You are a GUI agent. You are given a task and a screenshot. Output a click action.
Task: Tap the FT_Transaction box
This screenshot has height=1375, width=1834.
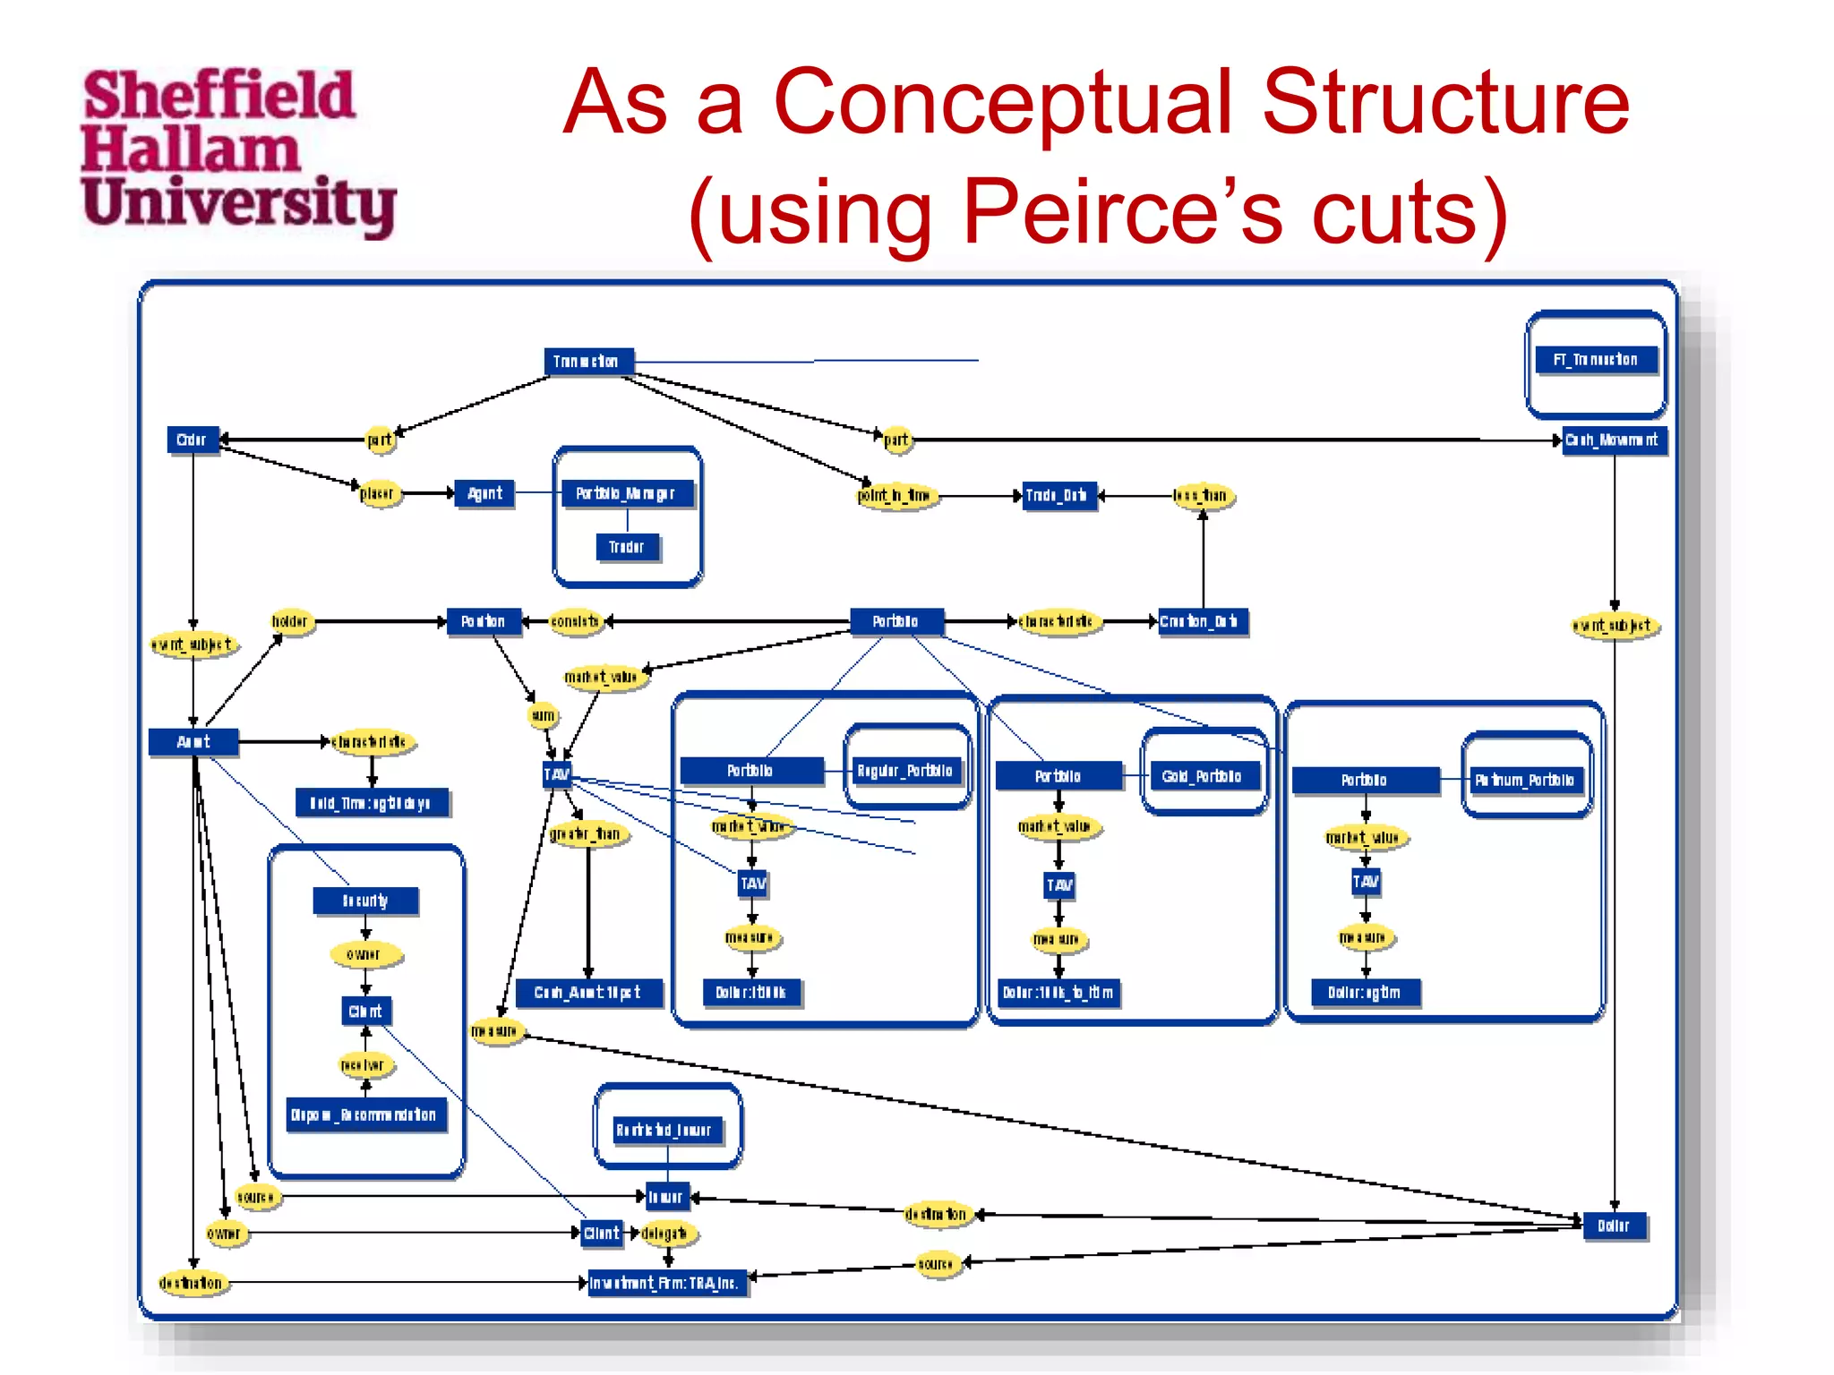1595,360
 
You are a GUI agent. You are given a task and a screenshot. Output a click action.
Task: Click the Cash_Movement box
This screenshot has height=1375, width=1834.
1613,440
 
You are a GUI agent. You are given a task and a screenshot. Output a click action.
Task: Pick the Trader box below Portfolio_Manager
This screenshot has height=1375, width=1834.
627,547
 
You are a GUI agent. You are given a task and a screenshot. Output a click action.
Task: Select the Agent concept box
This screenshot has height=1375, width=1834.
484,493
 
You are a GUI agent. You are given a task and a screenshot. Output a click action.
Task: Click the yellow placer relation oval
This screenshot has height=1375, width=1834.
377,493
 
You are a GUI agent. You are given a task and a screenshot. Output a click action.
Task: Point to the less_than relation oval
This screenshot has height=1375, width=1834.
1203,495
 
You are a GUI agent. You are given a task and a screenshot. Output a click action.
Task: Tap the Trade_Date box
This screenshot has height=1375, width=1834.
1057,495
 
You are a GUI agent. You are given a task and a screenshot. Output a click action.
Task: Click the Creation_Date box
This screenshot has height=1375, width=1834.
1201,621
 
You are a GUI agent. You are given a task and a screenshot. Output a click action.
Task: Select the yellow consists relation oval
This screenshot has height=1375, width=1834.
576,621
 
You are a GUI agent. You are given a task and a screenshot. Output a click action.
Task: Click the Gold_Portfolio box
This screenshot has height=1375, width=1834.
1202,776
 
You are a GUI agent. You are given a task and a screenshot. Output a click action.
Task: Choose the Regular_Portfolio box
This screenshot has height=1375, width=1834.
904,771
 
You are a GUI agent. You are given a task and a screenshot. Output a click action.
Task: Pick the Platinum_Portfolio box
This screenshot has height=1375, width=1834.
1524,780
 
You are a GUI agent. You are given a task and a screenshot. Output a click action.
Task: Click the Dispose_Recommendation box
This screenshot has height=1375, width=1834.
364,1115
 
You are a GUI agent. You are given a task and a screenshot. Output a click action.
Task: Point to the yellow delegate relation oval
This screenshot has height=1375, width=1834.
665,1234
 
